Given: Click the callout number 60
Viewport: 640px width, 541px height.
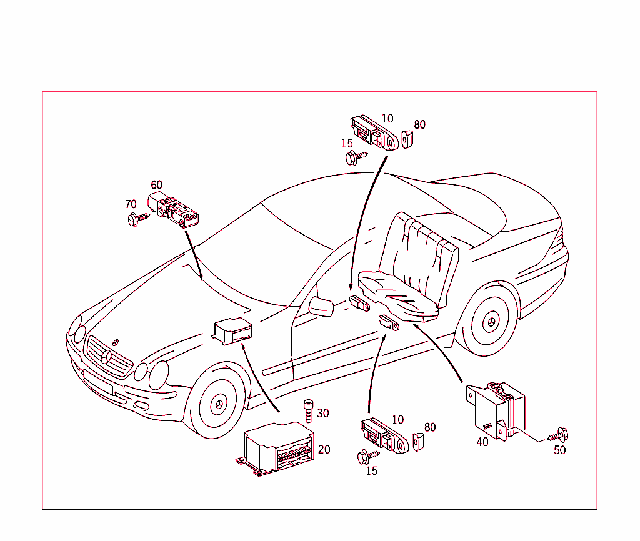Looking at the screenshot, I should pos(156,185).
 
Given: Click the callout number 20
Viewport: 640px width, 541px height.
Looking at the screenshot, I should pos(324,449).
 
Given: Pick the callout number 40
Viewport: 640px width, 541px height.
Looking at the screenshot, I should pos(482,442).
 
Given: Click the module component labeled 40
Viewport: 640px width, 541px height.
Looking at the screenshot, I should pos(497,409).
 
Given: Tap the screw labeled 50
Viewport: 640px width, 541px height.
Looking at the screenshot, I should pos(558,435).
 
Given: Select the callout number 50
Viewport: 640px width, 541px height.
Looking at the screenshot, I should pos(559,450).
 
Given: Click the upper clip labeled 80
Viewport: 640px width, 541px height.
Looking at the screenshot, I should pos(407,139).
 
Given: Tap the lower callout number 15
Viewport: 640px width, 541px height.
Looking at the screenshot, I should pos(371,471).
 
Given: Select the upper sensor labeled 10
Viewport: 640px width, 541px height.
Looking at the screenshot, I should pos(374,132).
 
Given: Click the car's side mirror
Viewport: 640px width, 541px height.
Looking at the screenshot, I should pos(321,307).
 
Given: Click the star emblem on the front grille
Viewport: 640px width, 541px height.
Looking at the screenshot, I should pos(106,358).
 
